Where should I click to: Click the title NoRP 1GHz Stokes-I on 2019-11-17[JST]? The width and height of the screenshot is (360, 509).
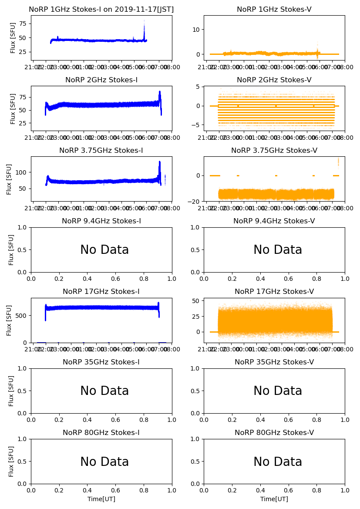[101, 9]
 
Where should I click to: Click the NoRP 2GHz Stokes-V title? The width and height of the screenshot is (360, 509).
[274, 80]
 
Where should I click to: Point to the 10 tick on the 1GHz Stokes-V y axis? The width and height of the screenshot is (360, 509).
[196, 29]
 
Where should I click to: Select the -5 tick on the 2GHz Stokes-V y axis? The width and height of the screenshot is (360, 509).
[196, 125]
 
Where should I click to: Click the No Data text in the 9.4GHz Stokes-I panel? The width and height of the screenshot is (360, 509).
[104, 250]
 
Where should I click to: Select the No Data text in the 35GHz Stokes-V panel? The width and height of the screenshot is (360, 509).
[278, 391]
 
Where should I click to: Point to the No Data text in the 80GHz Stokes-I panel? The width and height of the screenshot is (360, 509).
[104, 462]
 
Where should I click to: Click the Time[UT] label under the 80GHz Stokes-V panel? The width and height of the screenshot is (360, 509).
[274, 499]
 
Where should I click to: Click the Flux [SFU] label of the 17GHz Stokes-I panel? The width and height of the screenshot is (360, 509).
[10, 320]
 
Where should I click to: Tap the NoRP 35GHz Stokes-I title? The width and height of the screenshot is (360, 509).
[101, 362]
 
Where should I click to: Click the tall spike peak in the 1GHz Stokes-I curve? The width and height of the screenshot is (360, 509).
[144, 21]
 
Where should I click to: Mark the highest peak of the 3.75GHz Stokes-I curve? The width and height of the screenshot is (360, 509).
[160, 162]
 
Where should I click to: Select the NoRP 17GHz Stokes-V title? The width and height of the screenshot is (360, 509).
[274, 291]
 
